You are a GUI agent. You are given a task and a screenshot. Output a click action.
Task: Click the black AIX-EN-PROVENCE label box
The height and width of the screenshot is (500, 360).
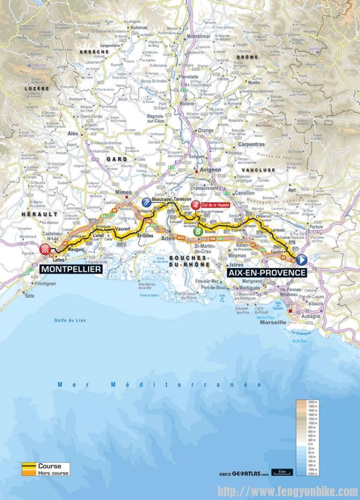pyautogui.click(x=267, y=272)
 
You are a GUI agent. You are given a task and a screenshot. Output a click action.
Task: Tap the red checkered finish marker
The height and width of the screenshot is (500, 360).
pyautogui.click(x=46, y=249)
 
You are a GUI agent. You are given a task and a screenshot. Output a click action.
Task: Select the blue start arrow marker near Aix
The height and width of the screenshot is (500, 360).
pyautogui.click(x=301, y=259)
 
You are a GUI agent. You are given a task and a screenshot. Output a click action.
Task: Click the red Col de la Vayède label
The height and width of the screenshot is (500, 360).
pyautogui.click(x=214, y=205)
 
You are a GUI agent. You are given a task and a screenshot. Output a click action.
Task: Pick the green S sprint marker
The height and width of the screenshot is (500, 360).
pyautogui.click(x=199, y=231)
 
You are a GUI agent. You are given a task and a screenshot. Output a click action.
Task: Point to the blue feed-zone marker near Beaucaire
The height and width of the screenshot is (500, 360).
pyautogui.click(x=146, y=202)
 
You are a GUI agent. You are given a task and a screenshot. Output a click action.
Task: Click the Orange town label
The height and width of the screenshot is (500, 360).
pyautogui.click(x=206, y=130)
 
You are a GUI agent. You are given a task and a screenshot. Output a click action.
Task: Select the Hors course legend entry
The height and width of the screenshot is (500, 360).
pyautogui.click(x=49, y=473)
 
